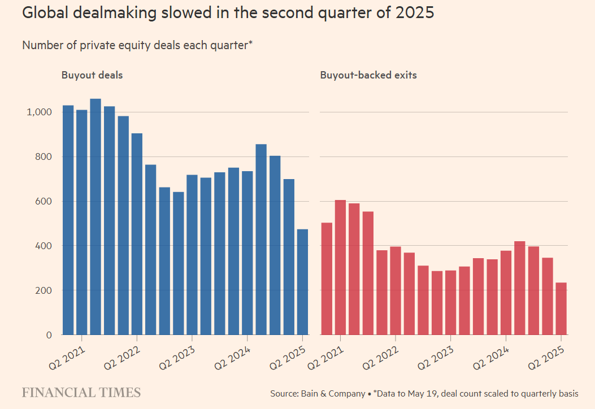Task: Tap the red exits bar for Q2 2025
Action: (x=561, y=308)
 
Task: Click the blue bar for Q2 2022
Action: (x=137, y=234)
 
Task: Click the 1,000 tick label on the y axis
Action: (x=39, y=112)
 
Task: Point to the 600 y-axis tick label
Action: (x=44, y=202)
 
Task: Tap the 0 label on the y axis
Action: (x=49, y=335)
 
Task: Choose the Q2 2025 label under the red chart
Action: (x=548, y=356)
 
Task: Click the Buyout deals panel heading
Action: (x=92, y=75)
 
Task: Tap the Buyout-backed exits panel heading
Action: (x=368, y=75)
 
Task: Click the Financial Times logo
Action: (x=81, y=393)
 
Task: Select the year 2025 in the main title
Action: (x=415, y=12)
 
